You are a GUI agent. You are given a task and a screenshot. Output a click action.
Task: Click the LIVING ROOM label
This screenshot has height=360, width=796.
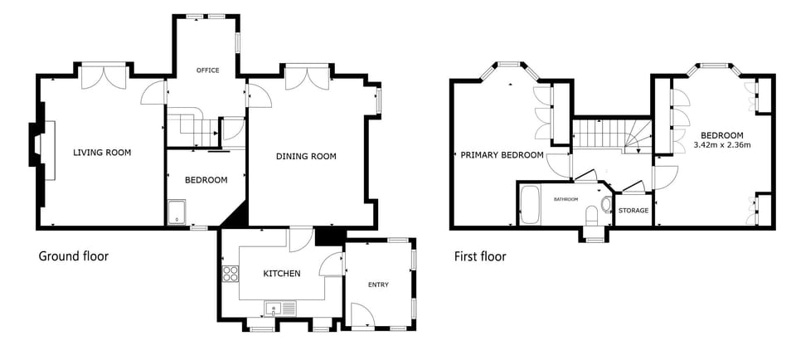click(x=102, y=153)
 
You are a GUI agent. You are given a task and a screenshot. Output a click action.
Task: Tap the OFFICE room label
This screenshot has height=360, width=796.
click(x=207, y=71)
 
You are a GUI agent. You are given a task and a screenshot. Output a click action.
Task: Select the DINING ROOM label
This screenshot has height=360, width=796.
click(x=306, y=157)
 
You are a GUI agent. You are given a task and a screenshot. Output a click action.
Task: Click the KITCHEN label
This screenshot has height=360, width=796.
click(x=281, y=274)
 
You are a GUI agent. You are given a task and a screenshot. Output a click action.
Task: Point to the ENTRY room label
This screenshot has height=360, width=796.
click(x=377, y=285)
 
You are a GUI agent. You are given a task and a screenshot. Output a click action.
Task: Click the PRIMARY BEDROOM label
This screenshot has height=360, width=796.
click(x=502, y=155)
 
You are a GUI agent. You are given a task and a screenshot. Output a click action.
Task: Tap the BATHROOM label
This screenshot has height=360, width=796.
click(x=566, y=199)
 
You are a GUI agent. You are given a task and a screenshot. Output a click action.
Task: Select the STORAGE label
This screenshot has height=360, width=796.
click(x=633, y=211)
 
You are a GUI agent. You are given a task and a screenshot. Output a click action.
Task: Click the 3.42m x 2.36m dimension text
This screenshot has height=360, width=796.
click(x=721, y=146)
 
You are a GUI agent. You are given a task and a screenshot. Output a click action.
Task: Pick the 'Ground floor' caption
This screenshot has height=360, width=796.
click(x=74, y=256)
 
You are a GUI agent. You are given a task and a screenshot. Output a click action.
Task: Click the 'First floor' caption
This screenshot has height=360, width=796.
click(x=480, y=256)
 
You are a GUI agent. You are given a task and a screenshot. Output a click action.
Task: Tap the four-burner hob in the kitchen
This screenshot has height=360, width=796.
click(x=230, y=275)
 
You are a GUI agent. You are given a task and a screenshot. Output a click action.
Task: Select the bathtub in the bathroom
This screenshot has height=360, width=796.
click(x=531, y=207)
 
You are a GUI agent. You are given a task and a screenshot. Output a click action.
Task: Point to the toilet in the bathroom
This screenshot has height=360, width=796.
click(x=592, y=215)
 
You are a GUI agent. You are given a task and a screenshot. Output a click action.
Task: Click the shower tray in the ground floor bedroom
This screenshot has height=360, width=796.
click(x=177, y=213)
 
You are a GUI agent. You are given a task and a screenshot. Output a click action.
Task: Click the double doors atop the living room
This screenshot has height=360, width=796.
click(x=104, y=76)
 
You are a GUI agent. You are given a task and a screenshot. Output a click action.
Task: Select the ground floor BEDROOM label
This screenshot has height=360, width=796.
click(x=206, y=181)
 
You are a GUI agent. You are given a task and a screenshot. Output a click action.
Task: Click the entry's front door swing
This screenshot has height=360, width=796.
click(x=361, y=314)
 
